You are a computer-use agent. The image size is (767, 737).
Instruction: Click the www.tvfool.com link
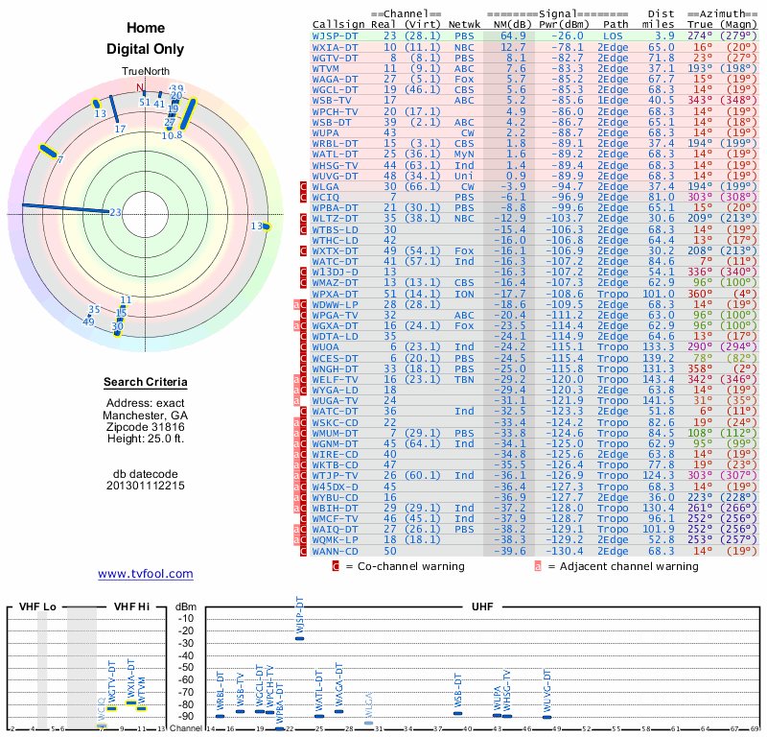[145, 574]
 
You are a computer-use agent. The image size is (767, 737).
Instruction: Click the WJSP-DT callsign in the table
[337, 36]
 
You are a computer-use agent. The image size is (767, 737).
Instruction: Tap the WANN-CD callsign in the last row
[337, 551]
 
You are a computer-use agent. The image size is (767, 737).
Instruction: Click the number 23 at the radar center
[115, 212]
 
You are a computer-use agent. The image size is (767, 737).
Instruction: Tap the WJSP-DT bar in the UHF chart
[299, 637]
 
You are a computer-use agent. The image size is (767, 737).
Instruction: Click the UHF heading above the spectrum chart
[482, 607]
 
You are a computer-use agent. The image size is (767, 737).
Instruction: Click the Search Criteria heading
[146, 383]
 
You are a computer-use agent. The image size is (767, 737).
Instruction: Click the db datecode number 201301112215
[146, 486]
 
